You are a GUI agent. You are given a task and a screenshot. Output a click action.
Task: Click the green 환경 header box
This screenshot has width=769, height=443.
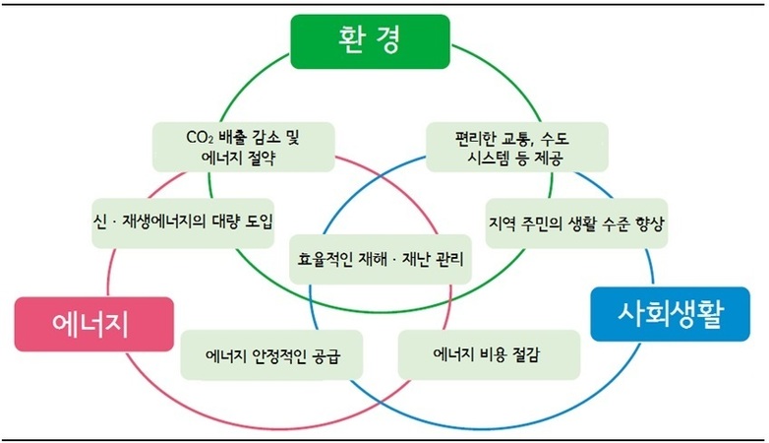(x=371, y=41)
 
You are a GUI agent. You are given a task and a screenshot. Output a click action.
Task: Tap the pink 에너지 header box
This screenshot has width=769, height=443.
(x=94, y=324)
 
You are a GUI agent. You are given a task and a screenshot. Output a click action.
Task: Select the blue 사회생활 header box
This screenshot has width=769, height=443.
(x=671, y=314)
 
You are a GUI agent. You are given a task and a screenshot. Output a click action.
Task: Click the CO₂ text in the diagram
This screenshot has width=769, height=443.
(x=200, y=137)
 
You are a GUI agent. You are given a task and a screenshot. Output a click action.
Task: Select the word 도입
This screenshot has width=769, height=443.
(x=259, y=221)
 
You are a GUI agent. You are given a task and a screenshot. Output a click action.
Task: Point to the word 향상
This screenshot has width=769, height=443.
(x=649, y=223)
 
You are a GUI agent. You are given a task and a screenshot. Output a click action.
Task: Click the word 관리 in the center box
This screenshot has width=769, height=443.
(x=448, y=259)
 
